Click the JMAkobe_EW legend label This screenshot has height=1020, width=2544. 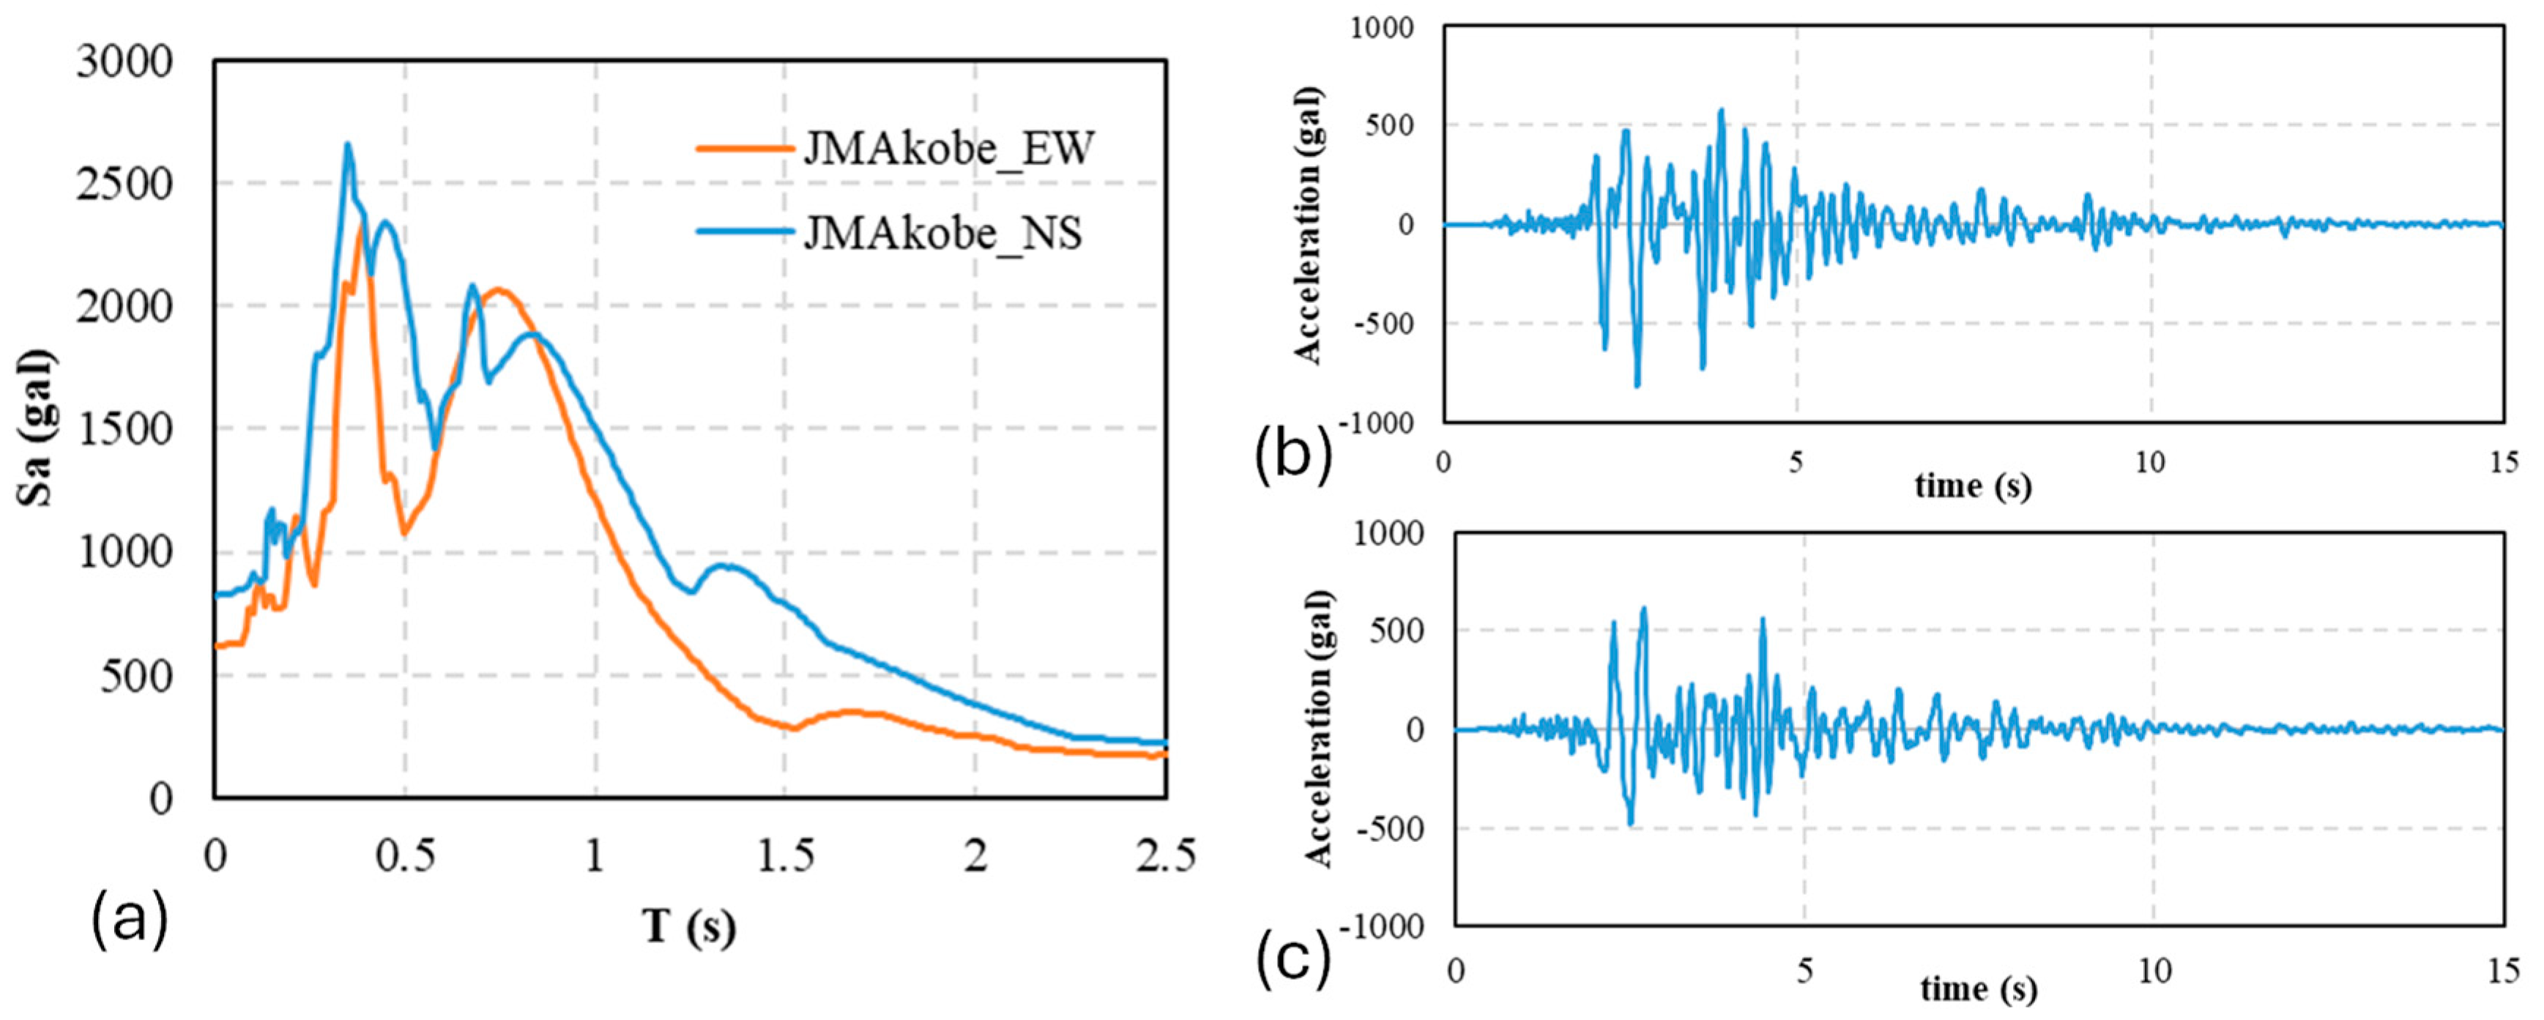(x=948, y=150)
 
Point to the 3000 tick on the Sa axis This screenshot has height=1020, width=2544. (x=124, y=62)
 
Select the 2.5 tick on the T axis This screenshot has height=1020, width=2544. (x=1165, y=855)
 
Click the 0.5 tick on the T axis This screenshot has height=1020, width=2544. (x=405, y=855)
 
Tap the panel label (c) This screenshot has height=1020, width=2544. (x=1293, y=960)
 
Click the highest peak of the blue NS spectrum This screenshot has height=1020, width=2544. (x=348, y=145)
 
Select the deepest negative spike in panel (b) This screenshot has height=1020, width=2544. (x=1637, y=384)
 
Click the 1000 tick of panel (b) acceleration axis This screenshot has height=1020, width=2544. (x=1382, y=28)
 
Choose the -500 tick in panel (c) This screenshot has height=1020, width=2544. (x=1389, y=827)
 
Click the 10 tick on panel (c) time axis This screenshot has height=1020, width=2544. (x=2155, y=972)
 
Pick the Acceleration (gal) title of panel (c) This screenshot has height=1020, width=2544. (x=1320, y=729)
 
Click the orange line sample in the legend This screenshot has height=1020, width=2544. (x=745, y=150)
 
